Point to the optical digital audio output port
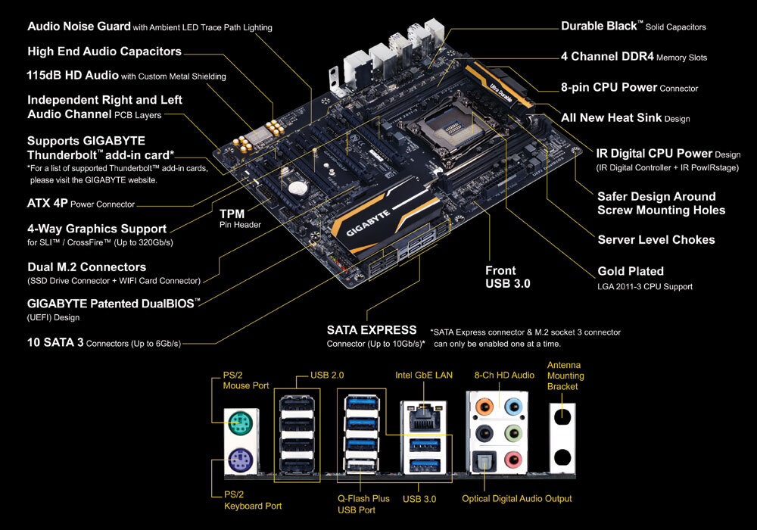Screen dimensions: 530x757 coord(482,461)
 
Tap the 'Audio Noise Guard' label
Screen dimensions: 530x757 coord(78,26)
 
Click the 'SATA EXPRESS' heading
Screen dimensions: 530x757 coord(371,330)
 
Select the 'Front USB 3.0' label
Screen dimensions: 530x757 coord(508,277)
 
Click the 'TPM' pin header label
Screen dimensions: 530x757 coord(232,214)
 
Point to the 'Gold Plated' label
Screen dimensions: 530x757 coord(631,271)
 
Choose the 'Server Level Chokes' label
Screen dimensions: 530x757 coord(656,240)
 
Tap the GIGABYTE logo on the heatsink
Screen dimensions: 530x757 coord(369,226)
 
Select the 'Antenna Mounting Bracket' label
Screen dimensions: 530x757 coord(565,376)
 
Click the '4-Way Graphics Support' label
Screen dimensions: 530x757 coord(97,229)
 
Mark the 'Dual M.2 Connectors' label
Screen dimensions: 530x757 coord(86,267)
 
